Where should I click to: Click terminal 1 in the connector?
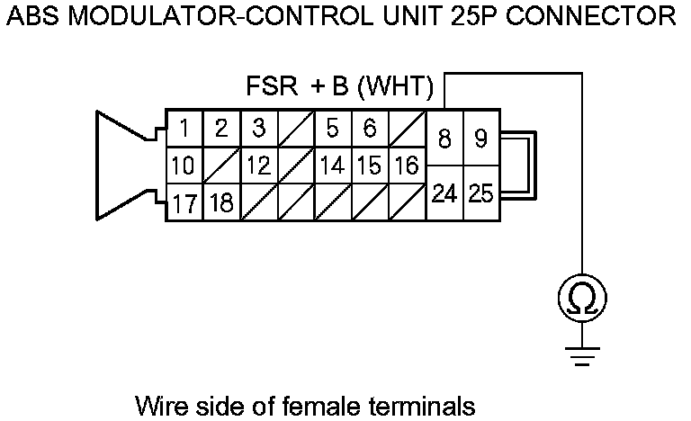coord(184,130)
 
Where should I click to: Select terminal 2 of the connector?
coord(221,130)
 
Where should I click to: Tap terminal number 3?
coord(259,130)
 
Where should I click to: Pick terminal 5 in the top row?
coord(332,130)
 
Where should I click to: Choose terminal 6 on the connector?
coord(369,130)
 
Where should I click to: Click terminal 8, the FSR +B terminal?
coord(444,139)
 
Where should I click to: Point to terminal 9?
coord(480,139)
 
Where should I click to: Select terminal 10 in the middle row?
coord(184,166)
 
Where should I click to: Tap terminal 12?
coord(259,166)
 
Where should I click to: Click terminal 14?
coord(332,166)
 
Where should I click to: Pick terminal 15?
coord(369,166)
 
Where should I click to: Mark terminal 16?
coord(406,166)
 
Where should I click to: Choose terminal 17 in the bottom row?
coord(184,203)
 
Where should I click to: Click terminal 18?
coord(221,203)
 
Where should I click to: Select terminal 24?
coord(444,193)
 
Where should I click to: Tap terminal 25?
coord(480,193)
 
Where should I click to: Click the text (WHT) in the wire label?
coord(399,89)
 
